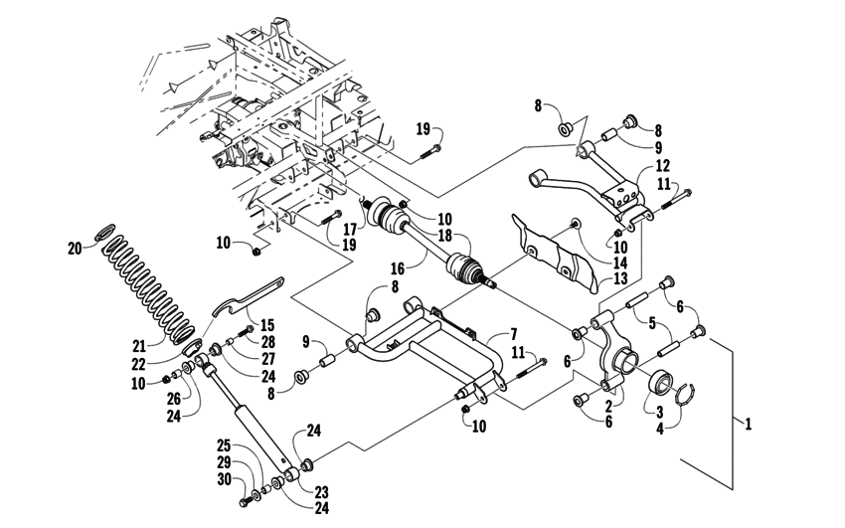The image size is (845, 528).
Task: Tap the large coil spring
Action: [x=149, y=288]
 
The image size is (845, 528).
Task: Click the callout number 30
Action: [x=224, y=480]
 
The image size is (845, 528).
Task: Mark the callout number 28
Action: [x=268, y=341]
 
